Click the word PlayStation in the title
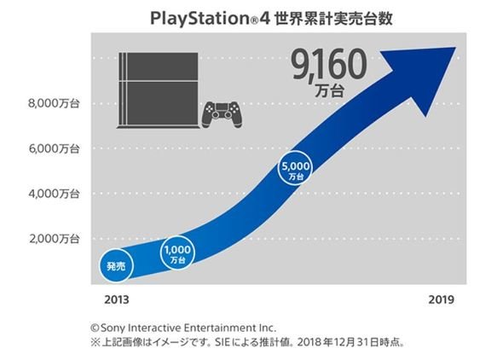point(199,19)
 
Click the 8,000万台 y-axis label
point(54,103)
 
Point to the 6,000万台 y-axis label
point(54,148)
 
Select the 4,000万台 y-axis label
point(54,194)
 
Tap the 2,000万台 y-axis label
point(54,239)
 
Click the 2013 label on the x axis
point(117,299)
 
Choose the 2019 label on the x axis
point(442,299)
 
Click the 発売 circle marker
point(116,266)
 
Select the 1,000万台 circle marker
point(177,253)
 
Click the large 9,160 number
point(329,65)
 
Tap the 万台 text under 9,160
point(329,91)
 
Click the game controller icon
point(222,115)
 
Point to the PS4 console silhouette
point(159,90)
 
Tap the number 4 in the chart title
point(265,19)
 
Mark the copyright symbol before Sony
point(95,328)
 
